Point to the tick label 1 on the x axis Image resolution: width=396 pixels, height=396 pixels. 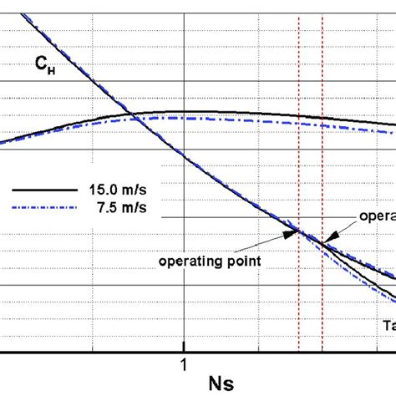(183, 364)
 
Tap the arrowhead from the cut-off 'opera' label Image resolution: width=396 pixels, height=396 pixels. (327, 241)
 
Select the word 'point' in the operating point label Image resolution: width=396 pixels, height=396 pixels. (242, 261)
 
